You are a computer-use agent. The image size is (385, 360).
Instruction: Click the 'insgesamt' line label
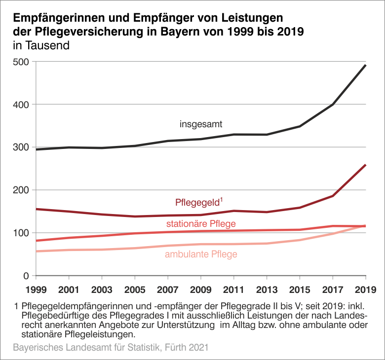pos(201,124)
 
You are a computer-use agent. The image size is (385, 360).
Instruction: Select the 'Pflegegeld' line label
pos(197,203)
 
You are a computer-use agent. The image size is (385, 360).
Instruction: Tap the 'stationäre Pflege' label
pos(201,224)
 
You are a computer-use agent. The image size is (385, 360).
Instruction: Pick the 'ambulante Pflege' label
pos(201,255)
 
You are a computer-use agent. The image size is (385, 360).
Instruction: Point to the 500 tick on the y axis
pos(21,62)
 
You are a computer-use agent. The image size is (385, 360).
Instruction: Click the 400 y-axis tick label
pos(21,105)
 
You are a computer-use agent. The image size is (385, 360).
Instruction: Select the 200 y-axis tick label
pos(21,190)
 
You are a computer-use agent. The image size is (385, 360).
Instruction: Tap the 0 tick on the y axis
pos(26,276)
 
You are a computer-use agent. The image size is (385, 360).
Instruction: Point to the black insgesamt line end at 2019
pos(365,65)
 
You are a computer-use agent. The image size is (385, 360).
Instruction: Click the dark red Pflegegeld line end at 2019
pos(365,165)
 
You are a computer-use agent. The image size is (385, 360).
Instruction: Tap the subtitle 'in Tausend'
pos(41,46)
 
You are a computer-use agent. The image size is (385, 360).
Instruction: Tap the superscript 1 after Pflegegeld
pos(221,199)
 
